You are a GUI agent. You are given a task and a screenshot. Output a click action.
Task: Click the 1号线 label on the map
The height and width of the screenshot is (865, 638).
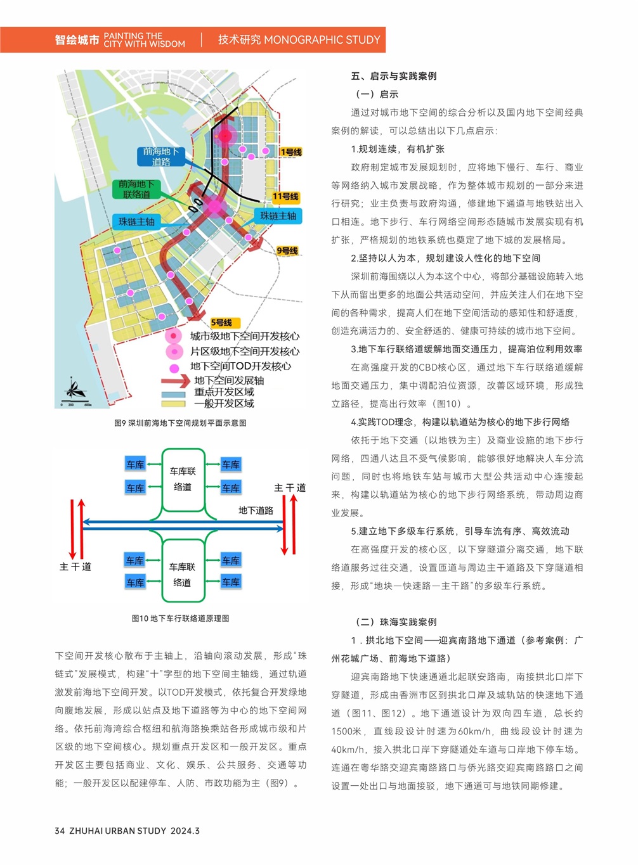click(x=291, y=152)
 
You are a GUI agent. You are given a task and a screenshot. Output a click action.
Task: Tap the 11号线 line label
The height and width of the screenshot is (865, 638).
click(x=285, y=196)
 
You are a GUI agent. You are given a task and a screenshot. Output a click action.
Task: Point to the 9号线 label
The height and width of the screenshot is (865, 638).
click(x=287, y=251)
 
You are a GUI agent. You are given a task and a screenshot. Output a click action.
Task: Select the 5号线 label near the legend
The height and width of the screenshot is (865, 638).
click(x=221, y=323)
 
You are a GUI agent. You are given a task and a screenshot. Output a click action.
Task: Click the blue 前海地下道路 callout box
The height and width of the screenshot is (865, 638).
click(x=160, y=157)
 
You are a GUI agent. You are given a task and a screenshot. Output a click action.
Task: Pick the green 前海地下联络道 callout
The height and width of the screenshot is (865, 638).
click(x=136, y=189)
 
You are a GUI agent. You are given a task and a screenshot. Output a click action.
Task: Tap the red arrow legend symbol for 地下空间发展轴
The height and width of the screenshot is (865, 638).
click(x=174, y=381)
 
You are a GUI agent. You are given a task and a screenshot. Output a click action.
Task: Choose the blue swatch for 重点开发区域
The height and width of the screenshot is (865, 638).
click(x=173, y=393)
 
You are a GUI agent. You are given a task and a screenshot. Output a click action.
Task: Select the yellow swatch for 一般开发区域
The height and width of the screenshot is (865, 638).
click(x=173, y=404)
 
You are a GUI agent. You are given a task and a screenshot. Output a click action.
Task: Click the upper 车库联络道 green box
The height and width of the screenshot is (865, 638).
click(x=183, y=479)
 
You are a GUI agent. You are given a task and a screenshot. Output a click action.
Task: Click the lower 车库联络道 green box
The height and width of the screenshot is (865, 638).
click(x=183, y=574)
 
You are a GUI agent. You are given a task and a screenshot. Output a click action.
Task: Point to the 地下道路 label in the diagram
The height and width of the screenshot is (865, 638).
click(x=256, y=510)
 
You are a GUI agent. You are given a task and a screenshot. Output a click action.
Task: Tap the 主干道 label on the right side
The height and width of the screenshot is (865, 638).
click(x=290, y=488)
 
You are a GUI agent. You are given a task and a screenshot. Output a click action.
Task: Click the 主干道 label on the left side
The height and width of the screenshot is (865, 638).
click(x=75, y=567)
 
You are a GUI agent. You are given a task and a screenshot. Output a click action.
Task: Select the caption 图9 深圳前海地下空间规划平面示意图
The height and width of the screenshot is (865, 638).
click(x=180, y=423)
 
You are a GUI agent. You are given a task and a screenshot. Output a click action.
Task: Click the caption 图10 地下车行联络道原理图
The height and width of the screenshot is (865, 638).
click(x=180, y=618)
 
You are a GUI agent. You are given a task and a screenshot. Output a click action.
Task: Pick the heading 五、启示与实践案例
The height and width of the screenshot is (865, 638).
click(x=394, y=76)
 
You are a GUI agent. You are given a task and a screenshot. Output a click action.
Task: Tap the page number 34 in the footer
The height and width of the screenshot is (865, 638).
click(x=60, y=831)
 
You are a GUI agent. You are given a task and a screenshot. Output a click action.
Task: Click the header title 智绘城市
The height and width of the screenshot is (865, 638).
click(x=77, y=40)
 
